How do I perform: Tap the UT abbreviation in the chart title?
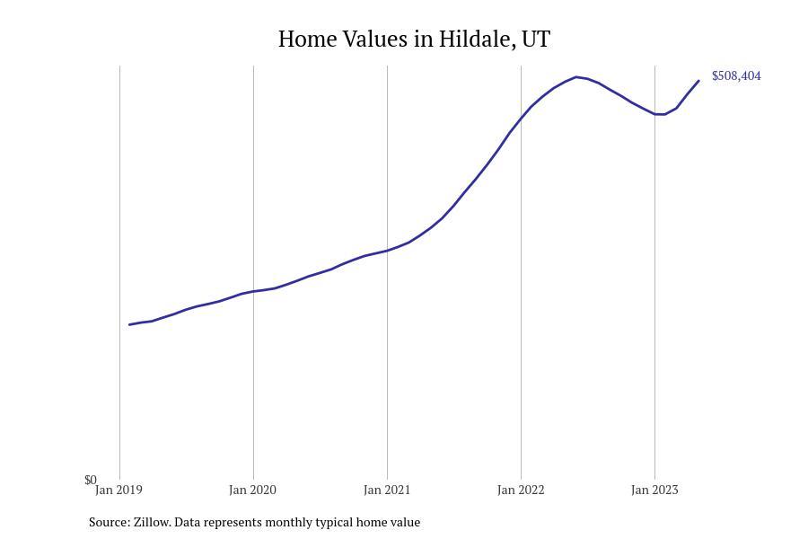536,40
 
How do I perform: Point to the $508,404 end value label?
736,76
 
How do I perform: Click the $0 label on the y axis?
90,481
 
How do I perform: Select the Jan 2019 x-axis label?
119,490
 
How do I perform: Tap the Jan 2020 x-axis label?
252,490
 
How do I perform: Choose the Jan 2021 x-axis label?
387,490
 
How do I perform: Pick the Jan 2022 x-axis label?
521,490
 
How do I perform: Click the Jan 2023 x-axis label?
654,490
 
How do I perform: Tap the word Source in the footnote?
109,522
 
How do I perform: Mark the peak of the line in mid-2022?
576,76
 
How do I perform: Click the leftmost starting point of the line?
129,324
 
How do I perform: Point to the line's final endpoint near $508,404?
698,81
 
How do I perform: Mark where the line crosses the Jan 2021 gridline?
387,251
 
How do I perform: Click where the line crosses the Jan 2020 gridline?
253,291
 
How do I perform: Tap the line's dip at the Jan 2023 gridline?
655,114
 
